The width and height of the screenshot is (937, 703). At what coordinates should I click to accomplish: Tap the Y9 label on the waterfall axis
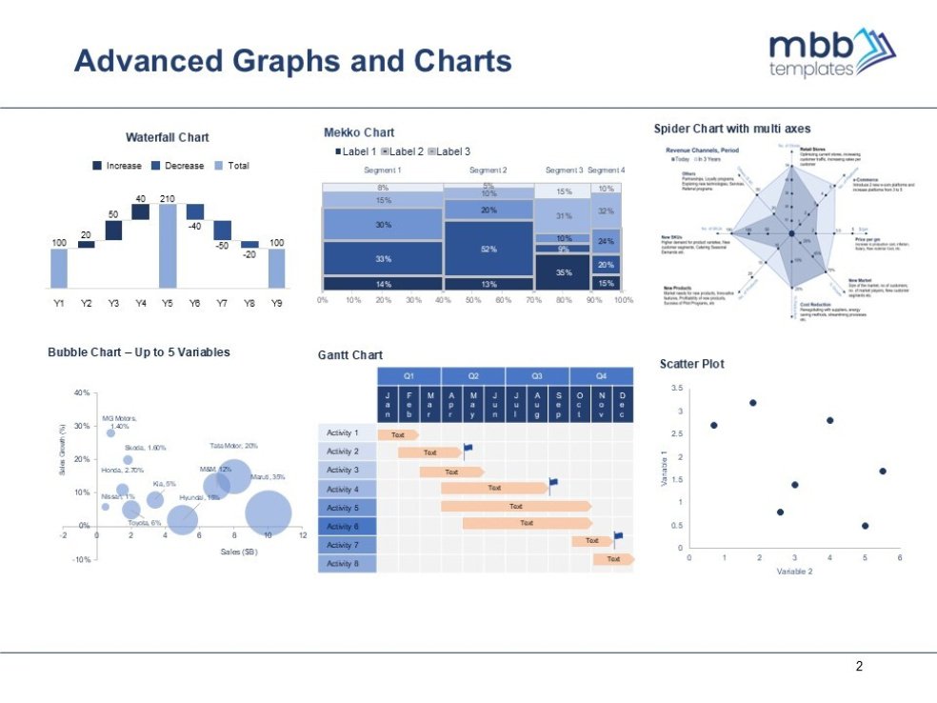(x=276, y=303)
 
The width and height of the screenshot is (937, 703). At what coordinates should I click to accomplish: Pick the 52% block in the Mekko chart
(x=488, y=249)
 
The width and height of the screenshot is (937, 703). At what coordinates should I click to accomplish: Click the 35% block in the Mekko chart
(x=563, y=271)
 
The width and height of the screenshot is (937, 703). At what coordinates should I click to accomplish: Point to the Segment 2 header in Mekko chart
(x=488, y=171)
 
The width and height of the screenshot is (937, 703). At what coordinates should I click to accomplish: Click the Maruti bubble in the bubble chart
(x=268, y=512)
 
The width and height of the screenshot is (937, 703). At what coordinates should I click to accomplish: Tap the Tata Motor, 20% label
(x=233, y=446)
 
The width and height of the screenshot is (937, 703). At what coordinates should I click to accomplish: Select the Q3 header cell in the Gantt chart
(x=537, y=374)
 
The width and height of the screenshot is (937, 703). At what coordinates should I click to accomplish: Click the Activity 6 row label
(x=343, y=526)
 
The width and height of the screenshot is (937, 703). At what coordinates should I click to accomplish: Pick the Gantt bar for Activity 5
(x=515, y=507)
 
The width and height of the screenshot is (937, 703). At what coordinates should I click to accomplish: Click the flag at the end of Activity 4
(x=553, y=484)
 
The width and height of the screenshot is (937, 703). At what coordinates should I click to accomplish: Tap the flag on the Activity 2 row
(x=468, y=448)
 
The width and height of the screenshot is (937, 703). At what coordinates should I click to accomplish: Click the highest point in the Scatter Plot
(x=752, y=403)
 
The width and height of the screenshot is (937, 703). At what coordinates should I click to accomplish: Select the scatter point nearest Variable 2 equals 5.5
(x=883, y=471)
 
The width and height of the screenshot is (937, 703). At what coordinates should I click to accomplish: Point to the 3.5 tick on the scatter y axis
(x=677, y=389)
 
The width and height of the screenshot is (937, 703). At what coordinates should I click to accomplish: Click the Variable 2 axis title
(x=794, y=572)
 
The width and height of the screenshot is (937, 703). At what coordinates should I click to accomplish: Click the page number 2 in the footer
(x=859, y=667)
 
